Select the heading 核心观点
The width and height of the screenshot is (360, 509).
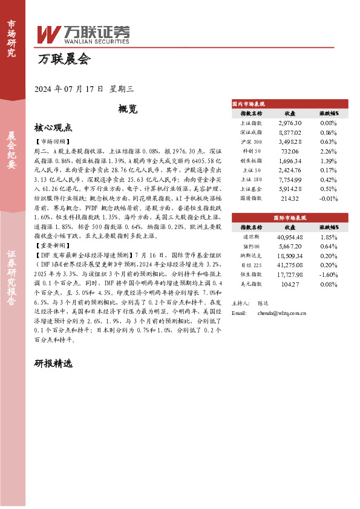pyautogui.click(x=53, y=128)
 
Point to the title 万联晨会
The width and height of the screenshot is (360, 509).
pyautogui.click(x=64, y=60)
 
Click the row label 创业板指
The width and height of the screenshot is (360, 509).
pyautogui.click(x=251, y=160)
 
